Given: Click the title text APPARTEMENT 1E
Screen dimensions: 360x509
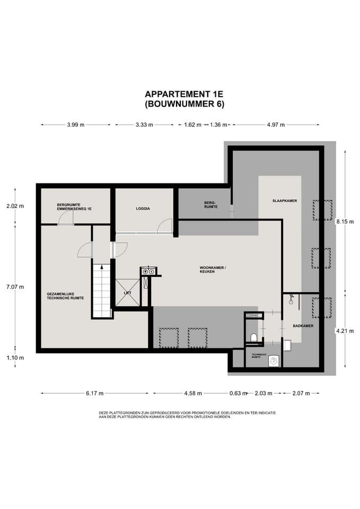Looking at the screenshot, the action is pyautogui.click(x=184, y=94).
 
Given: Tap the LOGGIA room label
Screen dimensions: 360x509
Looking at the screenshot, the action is pyautogui.click(x=143, y=209).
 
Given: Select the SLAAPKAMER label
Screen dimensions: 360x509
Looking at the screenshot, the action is pyautogui.click(x=285, y=201).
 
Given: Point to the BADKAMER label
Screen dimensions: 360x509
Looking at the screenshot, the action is pyautogui.click(x=303, y=326).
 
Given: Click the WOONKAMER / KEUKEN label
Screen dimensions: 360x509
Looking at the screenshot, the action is pyautogui.click(x=213, y=270).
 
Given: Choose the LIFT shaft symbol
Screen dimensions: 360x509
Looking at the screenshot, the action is pyautogui.click(x=128, y=293).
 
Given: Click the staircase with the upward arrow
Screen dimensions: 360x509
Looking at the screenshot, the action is pyautogui.click(x=102, y=291).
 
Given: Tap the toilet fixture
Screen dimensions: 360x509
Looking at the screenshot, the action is pyautogui.click(x=254, y=337).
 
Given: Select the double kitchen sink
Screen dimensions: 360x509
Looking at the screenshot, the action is pyautogui.click(x=148, y=271).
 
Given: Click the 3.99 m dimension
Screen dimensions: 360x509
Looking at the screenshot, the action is pyautogui.click(x=76, y=125).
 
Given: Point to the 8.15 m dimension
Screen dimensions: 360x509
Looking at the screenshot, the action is pyautogui.click(x=345, y=222).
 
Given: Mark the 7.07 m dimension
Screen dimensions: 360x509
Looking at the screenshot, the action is pyautogui.click(x=15, y=287).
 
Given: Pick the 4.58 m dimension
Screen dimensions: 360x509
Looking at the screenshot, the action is pyautogui.click(x=193, y=393).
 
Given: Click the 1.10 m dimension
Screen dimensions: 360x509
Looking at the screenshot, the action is pyautogui.click(x=15, y=358).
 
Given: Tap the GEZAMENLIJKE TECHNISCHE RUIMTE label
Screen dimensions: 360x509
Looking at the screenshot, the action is pyautogui.click(x=66, y=296).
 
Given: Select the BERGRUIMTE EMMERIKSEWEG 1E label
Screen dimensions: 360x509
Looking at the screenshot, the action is pyautogui.click(x=74, y=207).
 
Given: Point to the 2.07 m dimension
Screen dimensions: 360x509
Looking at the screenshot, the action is pyautogui.click(x=301, y=393).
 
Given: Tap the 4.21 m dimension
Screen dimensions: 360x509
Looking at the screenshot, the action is pyautogui.click(x=345, y=331).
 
